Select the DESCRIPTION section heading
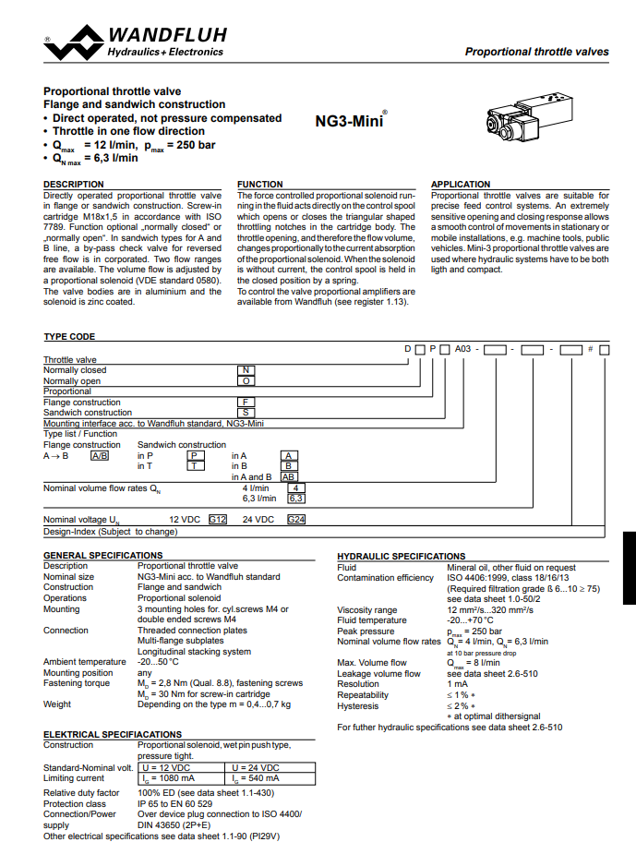point(74,185)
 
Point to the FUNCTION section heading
point(260,185)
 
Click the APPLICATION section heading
point(461,185)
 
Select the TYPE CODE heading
point(69,337)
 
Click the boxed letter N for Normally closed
point(246,370)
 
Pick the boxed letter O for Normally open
point(246,380)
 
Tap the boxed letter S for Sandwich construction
point(246,413)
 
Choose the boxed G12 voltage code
point(218,520)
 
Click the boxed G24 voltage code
point(296,520)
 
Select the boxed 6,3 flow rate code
point(296,499)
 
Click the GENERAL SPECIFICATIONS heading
point(103,555)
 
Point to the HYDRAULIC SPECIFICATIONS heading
point(402,557)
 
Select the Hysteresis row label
point(358,706)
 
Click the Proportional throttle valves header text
point(536,52)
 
